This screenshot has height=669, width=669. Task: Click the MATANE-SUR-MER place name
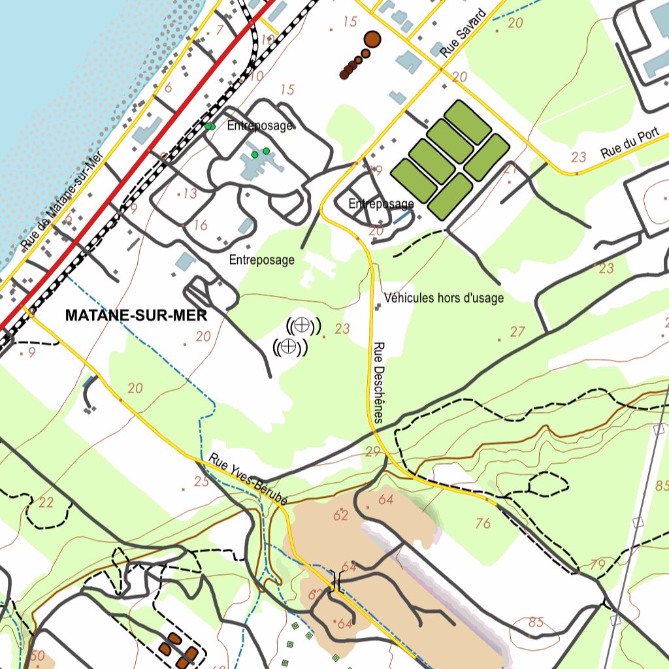(136, 316)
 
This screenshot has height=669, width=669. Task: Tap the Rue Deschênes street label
(380, 382)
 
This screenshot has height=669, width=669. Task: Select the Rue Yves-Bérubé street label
(249, 480)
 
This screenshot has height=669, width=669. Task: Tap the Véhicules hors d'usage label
(444, 299)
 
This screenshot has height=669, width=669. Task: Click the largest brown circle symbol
(372, 39)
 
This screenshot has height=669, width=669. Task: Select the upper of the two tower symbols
(302, 325)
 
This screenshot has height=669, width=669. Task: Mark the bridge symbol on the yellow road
(336, 580)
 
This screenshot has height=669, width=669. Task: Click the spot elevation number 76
(483, 523)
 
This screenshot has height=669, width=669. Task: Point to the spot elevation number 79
(598, 564)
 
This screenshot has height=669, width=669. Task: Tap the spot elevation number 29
(373, 451)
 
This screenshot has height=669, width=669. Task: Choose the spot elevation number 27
(517, 332)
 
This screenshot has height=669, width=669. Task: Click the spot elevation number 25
(201, 481)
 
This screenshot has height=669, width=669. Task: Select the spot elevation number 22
(46, 502)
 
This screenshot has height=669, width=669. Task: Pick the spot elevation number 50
(37, 655)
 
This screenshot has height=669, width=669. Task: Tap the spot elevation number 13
(190, 193)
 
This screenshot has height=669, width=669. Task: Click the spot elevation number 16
(201, 225)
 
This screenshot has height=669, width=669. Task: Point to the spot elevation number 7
(220, 30)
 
